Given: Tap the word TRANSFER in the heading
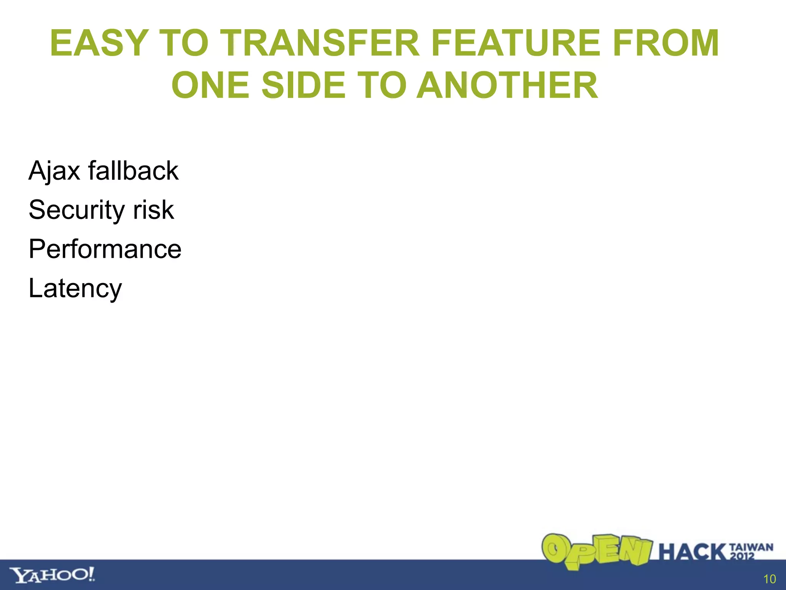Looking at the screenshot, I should point(322,43).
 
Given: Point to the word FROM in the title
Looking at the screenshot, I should point(665,43).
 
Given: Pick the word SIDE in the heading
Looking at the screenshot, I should point(304,85).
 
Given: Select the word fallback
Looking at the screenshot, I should point(133,171).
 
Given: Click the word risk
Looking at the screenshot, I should point(154,210).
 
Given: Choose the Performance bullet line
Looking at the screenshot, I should point(105,249).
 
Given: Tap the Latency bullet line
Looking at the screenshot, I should point(75,288).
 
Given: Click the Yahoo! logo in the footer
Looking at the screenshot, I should point(52,575).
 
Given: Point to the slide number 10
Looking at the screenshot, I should point(769,579).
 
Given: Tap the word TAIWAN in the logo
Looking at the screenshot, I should point(751,547).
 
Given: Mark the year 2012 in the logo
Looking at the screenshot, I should point(742,556).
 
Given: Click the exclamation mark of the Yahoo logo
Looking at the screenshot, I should point(91,574).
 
